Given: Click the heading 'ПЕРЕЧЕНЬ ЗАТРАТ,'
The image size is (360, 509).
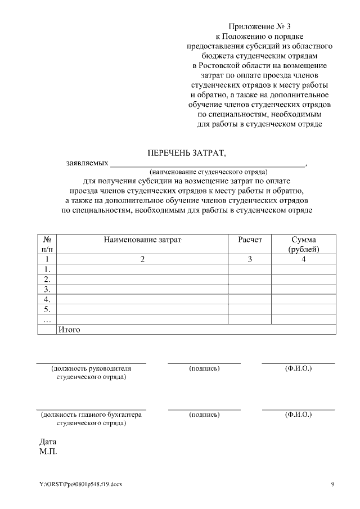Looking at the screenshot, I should pyautogui.click(x=186, y=153).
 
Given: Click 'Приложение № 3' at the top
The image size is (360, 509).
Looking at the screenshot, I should pyautogui.click(x=260, y=26).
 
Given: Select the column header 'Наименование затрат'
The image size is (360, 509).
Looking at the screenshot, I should pyautogui.click(x=143, y=240).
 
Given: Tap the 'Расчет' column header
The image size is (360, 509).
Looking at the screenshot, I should pyautogui.click(x=250, y=240).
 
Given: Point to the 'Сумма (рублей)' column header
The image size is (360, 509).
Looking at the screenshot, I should pyautogui.click(x=303, y=244).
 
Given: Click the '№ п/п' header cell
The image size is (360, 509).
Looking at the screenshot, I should pyautogui.click(x=47, y=244).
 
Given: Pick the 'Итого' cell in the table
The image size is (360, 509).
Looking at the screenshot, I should pyautogui.click(x=69, y=330).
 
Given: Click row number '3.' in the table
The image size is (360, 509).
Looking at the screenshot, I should pyautogui.click(x=47, y=289).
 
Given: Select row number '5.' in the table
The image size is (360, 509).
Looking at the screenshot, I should pyautogui.click(x=47, y=309).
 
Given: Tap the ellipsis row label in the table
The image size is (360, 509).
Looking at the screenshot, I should pyautogui.click(x=47, y=319).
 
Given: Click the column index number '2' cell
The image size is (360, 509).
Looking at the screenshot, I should pyautogui.click(x=143, y=259).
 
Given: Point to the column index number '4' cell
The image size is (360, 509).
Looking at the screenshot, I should pyautogui.click(x=303, y=259).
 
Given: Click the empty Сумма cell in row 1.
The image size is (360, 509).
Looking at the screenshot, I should pyautogui.click(x=303, y=269).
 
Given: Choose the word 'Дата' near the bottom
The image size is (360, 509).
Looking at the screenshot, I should pyautogui.click(x=48, y=442).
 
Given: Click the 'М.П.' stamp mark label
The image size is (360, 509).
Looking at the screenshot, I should pyautogui.click(x=48, y=451).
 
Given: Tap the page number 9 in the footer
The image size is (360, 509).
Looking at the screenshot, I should pyautogui.click(x=332, y=484).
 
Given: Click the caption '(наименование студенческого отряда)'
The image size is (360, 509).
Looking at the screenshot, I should pyautogui.click(x=208, y=172).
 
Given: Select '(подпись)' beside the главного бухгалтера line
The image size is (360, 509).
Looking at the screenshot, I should pyautogui.click(x=204, y=415).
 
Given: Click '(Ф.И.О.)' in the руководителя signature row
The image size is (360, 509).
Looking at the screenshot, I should pyautogui.click(x=298, y=368).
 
